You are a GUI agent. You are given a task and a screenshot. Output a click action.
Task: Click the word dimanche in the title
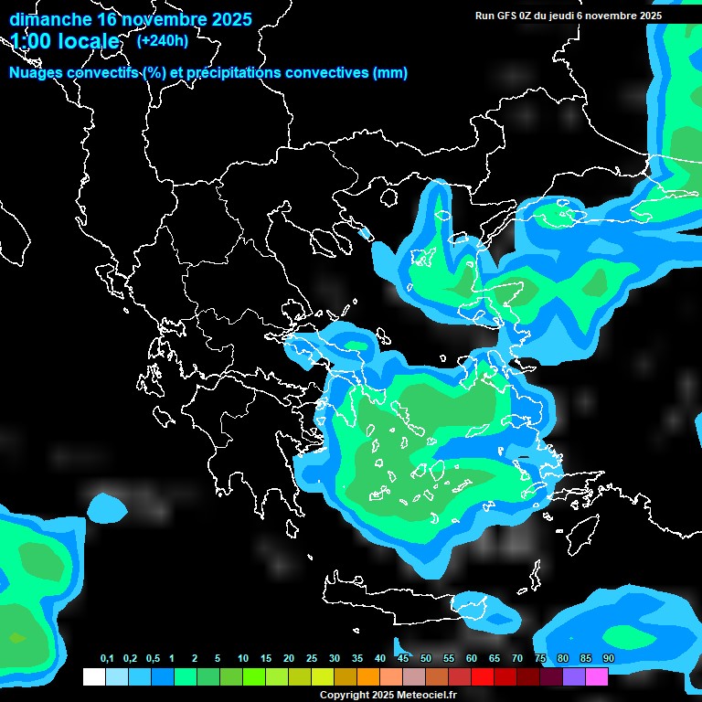point(50,19)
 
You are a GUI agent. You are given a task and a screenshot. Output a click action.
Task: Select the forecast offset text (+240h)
point(163,40)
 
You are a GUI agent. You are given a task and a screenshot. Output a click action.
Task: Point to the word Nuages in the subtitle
point(35,73)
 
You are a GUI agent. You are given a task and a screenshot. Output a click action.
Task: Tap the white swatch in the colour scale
point(93,677)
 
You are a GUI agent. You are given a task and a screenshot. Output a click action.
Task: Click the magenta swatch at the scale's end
point(597,677)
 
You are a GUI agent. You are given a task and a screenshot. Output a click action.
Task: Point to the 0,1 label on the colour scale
point(107,659)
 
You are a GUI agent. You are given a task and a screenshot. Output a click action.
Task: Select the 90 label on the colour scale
point(609,659)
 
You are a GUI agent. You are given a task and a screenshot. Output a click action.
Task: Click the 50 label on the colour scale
point(426,659)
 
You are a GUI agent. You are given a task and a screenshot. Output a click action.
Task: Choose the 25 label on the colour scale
point(312,659)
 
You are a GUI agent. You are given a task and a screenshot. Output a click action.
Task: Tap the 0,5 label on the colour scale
point(153,659)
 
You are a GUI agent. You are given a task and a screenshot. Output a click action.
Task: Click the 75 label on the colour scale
point(540,659)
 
